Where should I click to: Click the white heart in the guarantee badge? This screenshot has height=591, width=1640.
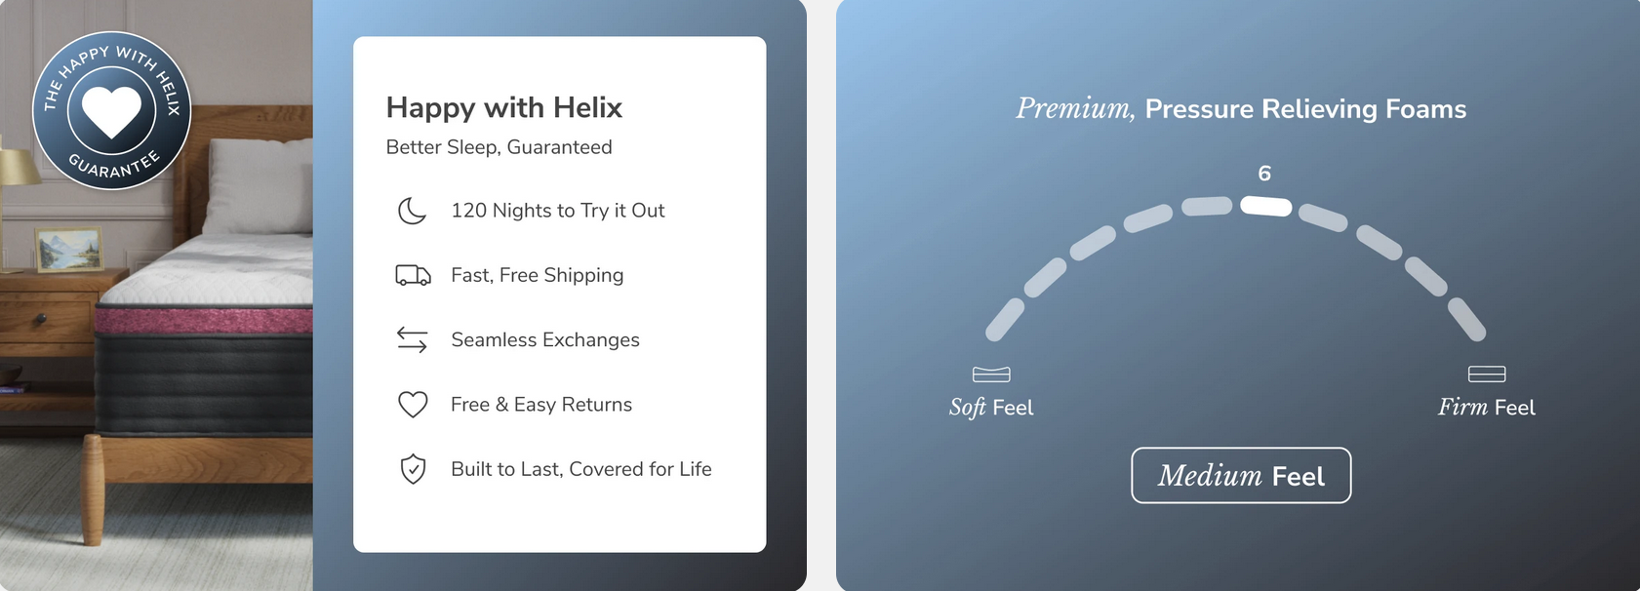click(x=111, y=112)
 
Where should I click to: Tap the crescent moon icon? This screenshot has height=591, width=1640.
click(x=412, y=211)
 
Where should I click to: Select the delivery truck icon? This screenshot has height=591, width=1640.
click(x=413, y=275)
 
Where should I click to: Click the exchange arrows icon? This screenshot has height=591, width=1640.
click(x=413, y=339)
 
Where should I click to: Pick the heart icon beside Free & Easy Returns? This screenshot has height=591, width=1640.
click(x=413, y=405)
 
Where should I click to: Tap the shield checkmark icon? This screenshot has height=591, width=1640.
click(x=413, y=469)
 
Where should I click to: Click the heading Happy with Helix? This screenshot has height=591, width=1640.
click(x=503, y=107)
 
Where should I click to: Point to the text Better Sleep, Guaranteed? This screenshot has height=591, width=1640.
click(x=499, y=147)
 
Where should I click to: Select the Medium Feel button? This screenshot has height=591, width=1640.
click(x=1241, y=476)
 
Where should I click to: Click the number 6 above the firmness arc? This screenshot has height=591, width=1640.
click(x=1264, y=174)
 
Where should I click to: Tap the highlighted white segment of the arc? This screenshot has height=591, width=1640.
click(x=1265, y=207)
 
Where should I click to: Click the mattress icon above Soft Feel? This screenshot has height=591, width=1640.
click(x=991, y=374)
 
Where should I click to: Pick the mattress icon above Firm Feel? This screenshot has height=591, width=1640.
click(x=1487, y=374)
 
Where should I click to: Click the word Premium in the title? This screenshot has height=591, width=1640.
click(x=1075, y=108)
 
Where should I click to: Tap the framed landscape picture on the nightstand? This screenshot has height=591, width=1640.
click(x=69, y=250)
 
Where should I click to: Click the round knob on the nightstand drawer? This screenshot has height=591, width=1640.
click(x=41, y=319)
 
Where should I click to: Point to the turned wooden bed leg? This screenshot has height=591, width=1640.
click(x=92, y=489)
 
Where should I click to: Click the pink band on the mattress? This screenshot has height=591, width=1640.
click(x=204, y=321)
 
